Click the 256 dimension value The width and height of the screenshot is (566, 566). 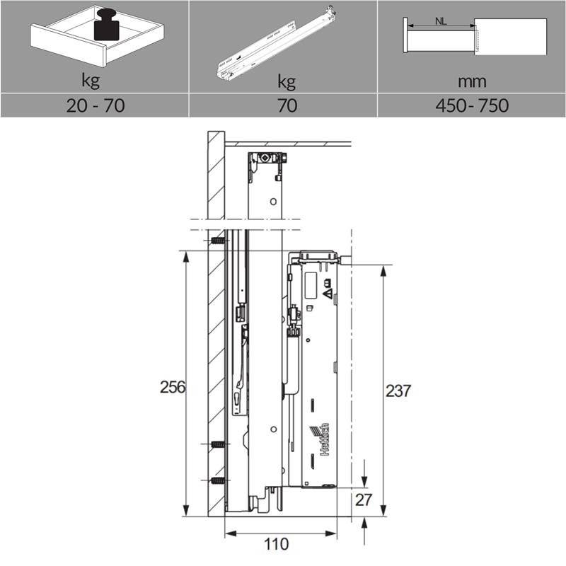pyautogui.click(x=173, y=387)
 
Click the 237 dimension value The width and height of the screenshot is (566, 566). pyautogui.click(x=398, y=391)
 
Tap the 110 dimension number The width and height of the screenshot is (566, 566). pyautogui.click(x=277, y=544)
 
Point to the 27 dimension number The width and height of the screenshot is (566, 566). pyautogui.click(x=364, y=500)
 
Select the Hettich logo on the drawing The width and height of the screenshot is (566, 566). pyautogui.click(x=320, y=439)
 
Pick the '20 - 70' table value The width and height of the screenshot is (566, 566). pyautogui.click(x=96, y=105)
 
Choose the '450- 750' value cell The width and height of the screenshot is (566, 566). pyautogui.click(x=472, y=105)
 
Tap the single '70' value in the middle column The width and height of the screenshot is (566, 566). pyautogui.click(x=287, y=105)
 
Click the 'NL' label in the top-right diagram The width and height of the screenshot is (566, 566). pyautogui.click(x=441, y=21)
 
